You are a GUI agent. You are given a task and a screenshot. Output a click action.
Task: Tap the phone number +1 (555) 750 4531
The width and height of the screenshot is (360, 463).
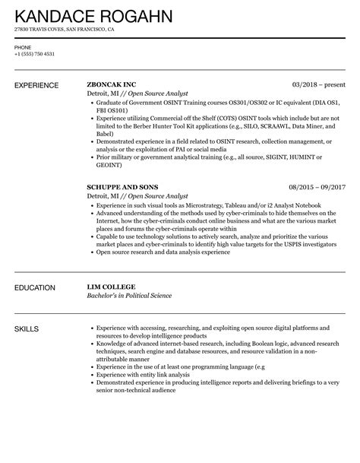pos(34,54)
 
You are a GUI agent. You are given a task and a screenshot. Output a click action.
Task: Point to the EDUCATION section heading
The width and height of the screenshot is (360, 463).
pos(35,288)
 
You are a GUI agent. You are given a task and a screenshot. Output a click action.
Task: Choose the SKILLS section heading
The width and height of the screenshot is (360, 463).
pos(27,328)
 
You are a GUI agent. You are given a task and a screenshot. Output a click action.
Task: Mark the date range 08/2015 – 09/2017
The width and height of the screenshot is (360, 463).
pos(317,186)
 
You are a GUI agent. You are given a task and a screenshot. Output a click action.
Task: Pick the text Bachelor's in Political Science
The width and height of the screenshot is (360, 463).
pos(130,296)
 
